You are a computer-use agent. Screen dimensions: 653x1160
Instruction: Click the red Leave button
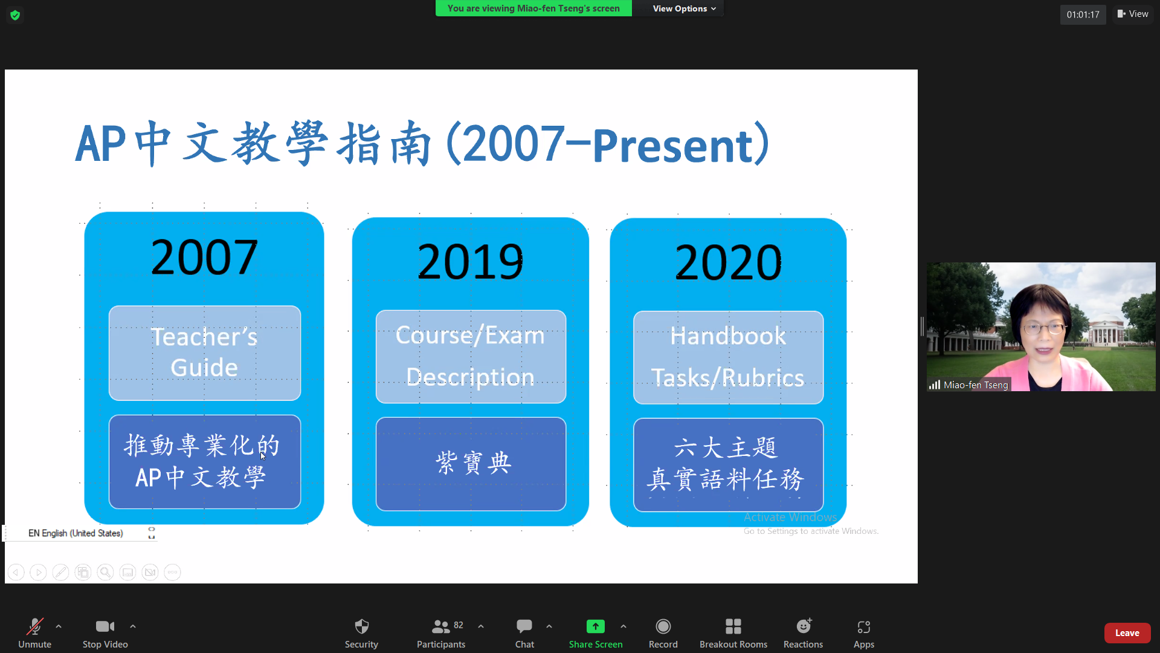(1127, 633)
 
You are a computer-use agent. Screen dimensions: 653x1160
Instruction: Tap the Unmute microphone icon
(34, 626)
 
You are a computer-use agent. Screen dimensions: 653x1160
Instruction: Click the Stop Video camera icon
(105, 626)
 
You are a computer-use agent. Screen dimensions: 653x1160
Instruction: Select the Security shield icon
(361, 626)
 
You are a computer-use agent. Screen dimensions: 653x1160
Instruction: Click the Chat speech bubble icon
(524, 626)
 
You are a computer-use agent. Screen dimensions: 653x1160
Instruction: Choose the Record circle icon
(663, 626)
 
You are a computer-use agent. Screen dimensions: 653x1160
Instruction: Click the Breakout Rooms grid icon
(733, 626)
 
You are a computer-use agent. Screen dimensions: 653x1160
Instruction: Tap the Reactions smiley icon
(803, 626)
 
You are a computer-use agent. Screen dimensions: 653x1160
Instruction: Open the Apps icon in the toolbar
(863, 626)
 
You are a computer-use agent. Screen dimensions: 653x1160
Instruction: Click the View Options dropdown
(684, 8)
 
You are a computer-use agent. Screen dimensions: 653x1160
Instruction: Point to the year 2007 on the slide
(204, 258)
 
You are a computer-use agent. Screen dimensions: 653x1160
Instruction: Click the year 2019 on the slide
(470, 262)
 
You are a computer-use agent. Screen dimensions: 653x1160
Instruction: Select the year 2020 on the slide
(728, 262)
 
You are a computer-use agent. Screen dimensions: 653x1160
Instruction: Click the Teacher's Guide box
(204, 352)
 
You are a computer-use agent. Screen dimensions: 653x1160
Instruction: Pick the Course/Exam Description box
(471, 357)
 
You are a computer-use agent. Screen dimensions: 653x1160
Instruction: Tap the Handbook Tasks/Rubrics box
(728, 357)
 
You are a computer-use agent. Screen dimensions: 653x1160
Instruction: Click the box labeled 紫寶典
(471, 464)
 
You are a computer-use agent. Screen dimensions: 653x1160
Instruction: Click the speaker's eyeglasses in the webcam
(1044, 328)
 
